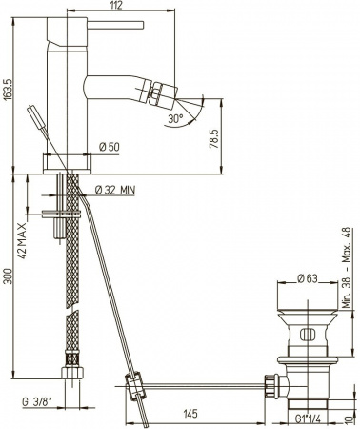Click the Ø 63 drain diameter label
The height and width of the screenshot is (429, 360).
(303, 279)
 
